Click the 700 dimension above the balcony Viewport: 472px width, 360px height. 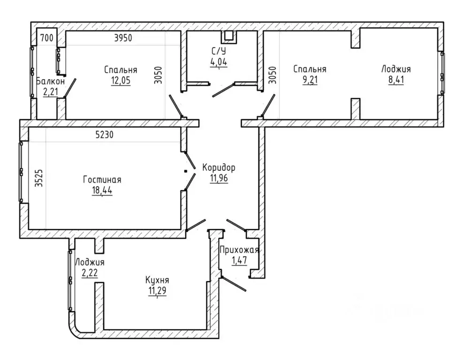tap(47, 38)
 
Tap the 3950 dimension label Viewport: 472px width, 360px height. tap(123, 38)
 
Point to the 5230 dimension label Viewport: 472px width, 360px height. tap(105, 134)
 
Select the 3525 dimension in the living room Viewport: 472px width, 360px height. tap(38, 178)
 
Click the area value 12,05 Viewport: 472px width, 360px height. tap(121, 81)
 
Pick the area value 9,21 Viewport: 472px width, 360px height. tap(310, 80)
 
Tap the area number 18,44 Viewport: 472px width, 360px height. tap(102, 191)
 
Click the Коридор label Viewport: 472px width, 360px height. tap(219, 167)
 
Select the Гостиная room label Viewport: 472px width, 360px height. tap(102, 180)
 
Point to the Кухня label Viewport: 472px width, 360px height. tap(157, 280)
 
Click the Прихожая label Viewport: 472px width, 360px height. tap(239, 250)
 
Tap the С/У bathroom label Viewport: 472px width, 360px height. tap(219, 51)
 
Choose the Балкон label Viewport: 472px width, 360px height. tap(51, 81)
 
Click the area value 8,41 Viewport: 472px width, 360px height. tap(396, 80)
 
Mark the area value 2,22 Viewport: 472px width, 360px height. tap(90, 273)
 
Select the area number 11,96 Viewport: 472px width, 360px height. tap(219, 178)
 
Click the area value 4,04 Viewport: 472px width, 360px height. tap(219, 62)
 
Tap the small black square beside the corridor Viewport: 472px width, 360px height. tap(186, 171)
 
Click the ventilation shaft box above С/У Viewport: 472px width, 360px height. tap(229, 36)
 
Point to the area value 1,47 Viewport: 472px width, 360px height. tap(239, 260)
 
